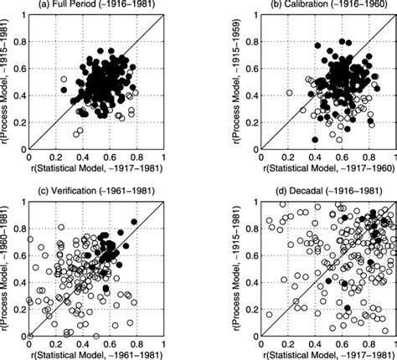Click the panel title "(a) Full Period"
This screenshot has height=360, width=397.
(74, 6)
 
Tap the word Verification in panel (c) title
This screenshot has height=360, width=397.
(77, 190)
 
